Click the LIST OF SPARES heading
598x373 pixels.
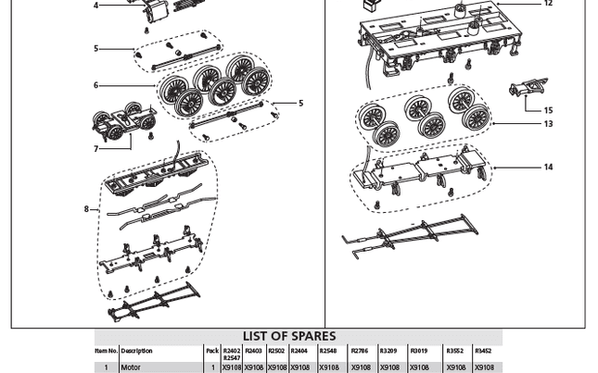click(289, 336)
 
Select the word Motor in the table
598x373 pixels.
click(131, 367)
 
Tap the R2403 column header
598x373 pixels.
click(253, 352)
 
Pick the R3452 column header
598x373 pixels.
click(483, 352)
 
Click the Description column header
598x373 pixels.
click(136, 352)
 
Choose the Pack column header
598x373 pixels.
click(211, 352)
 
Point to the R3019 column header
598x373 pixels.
click(419, 352)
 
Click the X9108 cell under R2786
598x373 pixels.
click(361, 367)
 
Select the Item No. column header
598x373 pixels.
click(106, 352)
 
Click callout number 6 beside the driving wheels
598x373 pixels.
click(95, 86)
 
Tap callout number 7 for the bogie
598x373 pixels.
click(95, 149)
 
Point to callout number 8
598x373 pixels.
click(87, 209)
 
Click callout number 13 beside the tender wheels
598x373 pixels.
click(548, 124)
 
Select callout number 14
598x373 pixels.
click(548, 168)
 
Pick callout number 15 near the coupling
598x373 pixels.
click(548, 111)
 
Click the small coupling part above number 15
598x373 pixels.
click(528, 90)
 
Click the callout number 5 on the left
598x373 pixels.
click(95, 49)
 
